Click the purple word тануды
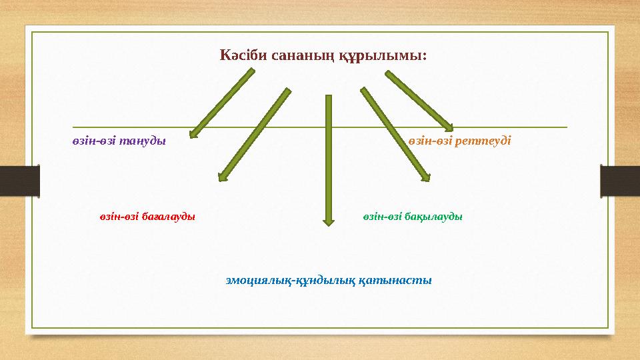pos(143,141)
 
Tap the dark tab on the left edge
pos(19,181)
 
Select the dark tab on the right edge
pos(620,181)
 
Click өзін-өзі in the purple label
pos(94,141)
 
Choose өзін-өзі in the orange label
pos(431,141)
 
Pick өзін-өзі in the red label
pos(120,217)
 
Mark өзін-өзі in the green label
pos(385,217)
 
